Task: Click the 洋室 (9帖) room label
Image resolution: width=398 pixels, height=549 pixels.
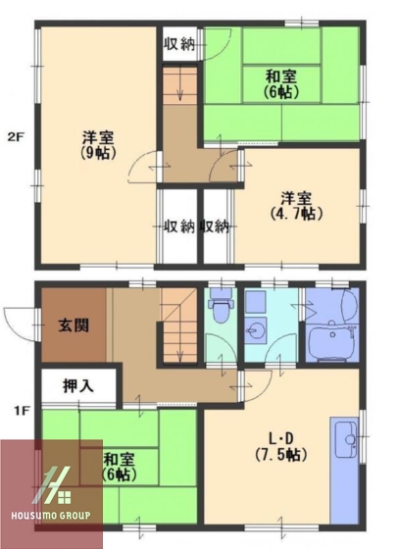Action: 96,145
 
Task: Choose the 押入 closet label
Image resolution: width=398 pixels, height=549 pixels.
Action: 78,385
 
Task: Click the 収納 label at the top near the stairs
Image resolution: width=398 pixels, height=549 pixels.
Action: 178,44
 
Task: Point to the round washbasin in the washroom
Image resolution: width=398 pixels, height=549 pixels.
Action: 259,328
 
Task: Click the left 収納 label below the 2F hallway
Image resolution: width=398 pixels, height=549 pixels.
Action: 178,226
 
